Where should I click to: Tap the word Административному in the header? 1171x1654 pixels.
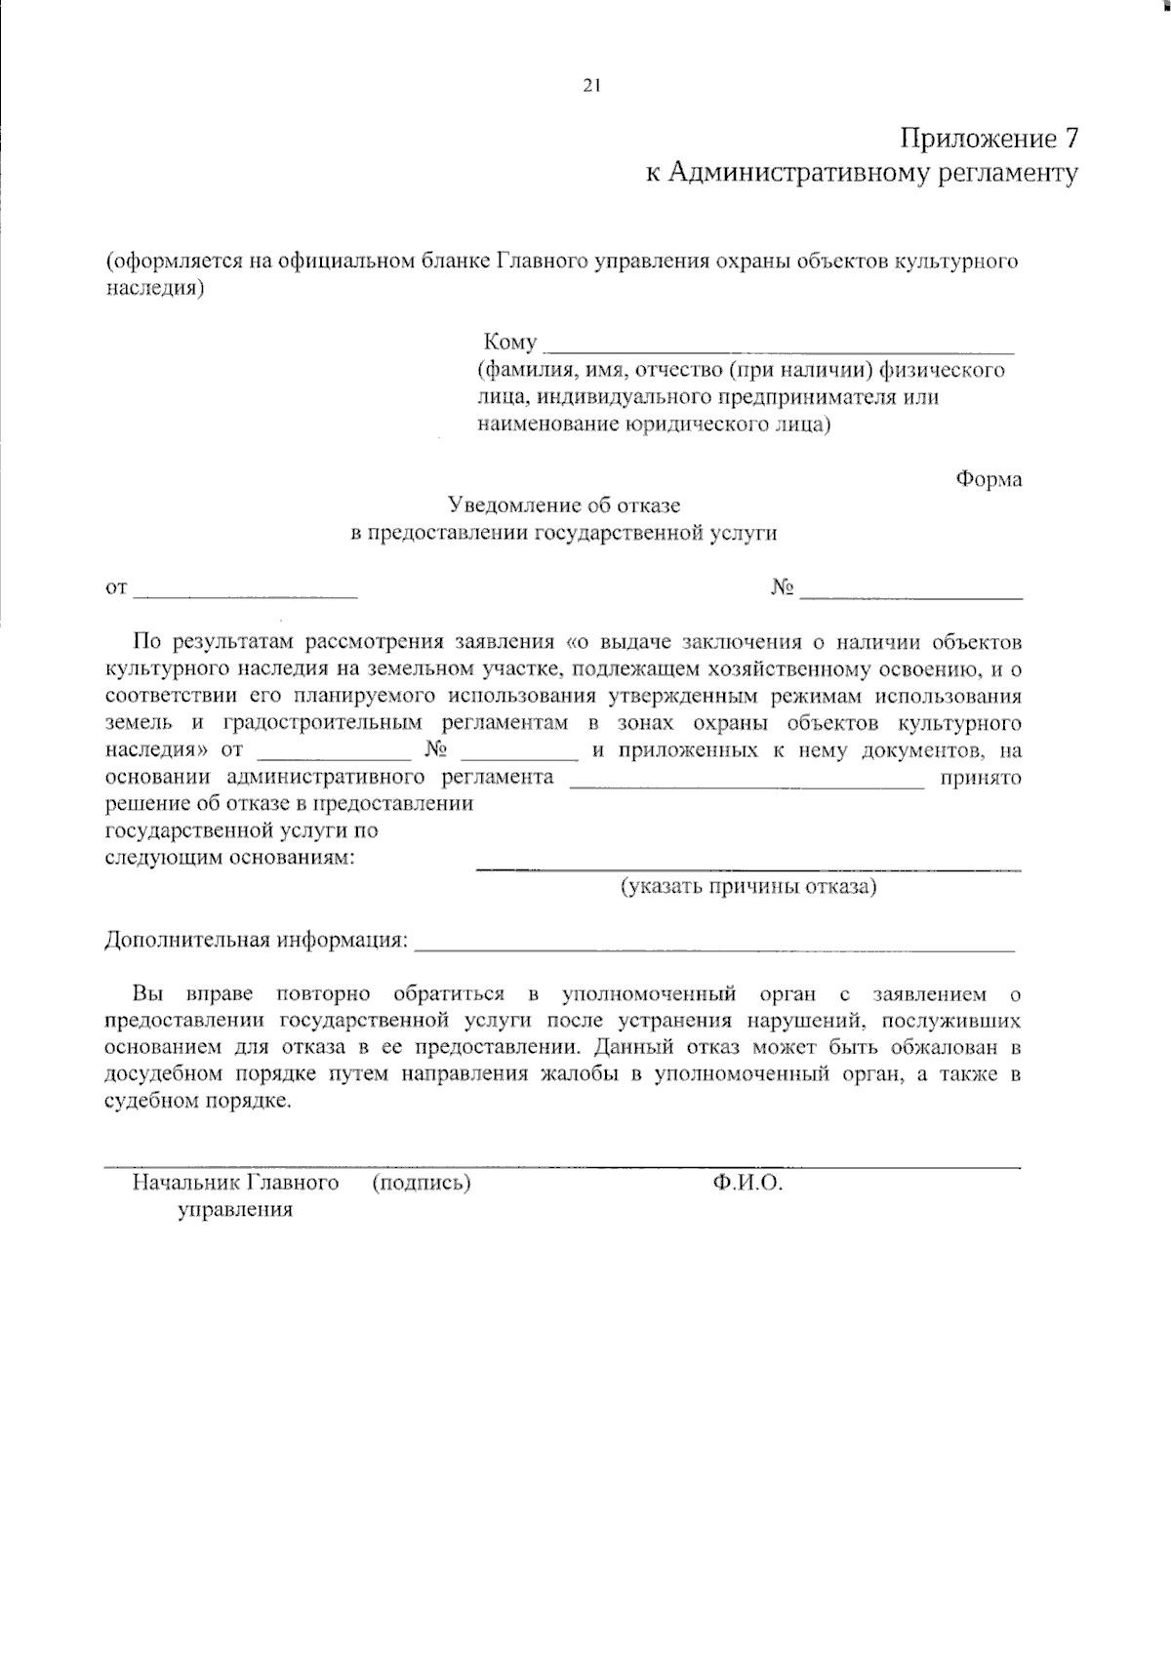tap(790, 174)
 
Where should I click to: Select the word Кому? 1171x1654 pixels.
tap(509, 343)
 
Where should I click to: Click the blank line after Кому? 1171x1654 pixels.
tap(779, 346)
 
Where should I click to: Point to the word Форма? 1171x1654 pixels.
tap(989, 479)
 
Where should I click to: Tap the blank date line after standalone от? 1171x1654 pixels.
tap(246, 591)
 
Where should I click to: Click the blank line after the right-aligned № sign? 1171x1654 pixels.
tap(911, 591)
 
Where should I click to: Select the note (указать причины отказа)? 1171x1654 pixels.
tap(749, 887)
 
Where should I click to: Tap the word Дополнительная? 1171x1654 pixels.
tap(186, 941)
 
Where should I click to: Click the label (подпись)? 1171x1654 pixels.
tap(422, 1183)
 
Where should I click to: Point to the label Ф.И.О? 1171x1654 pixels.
tap(748, 1183)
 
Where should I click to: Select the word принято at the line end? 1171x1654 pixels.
tap(980, 778)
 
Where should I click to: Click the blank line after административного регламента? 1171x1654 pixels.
tap(747, 782)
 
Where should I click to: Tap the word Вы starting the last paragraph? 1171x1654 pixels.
tap(147, 994)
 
